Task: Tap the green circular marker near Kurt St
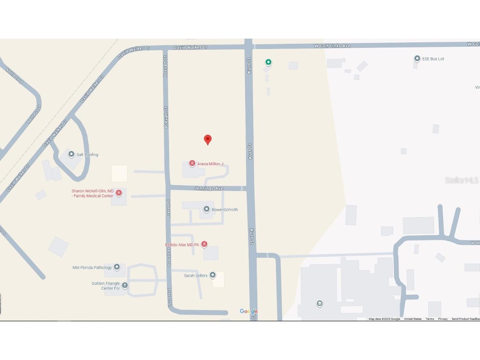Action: pyautogui.click(x=268, y=62)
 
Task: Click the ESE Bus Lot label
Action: pyautogui.click(x=433, y=59)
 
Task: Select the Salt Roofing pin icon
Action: pyautogui.click(x=71, y=154)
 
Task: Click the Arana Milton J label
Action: pyautogui.click(x=210, y=164)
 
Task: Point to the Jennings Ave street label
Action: pyautogui.click(x=209, y=188)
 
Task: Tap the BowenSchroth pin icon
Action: pyautogui.click(x=207, y=209)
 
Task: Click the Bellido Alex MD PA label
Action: pyautogui.click(x=182, y=245)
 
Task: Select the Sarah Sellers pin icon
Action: pyautogui.click(x=212, y=275)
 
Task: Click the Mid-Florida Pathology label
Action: pyautogui.click(x=92, y=268)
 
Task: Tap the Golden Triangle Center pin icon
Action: pyautogui.click(x=125, y=285)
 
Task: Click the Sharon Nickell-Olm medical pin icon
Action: pyautogui.click(x=119, y=193)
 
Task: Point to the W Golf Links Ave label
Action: pyautogui.click(x=332, y=46)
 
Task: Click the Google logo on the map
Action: pyautogui.click(x=248, y=311)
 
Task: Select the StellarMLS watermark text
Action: pyautogui.click(x=461, y=180)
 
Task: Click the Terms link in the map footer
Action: pyautogui.click(x=430, y=319)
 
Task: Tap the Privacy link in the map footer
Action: pyautogui.click(x=443, y=319)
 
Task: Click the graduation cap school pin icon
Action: pyautogui.click(x=320, y=303)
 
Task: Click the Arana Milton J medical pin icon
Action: pyautogui.click(x=192, y=163)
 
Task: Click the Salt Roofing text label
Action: pyautogui.click(x=87, y=155)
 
